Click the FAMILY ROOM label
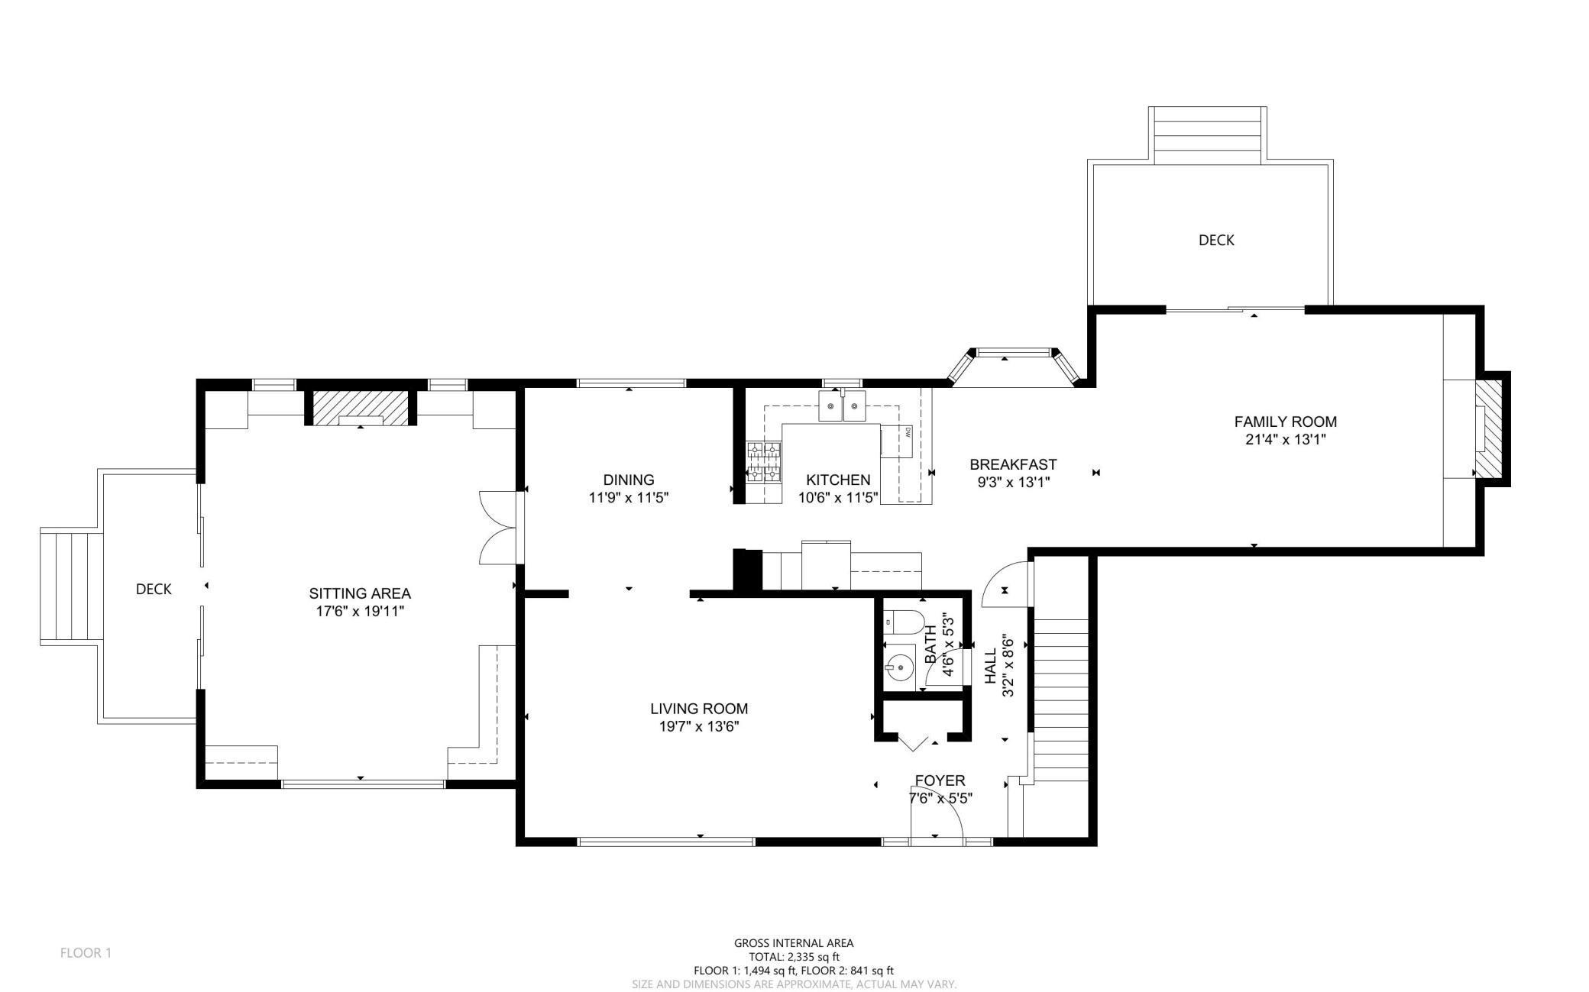(x=1285, y=422)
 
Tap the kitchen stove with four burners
(x=764, y=462)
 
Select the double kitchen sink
(x=843, y=406)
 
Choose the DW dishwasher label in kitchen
(x=908, y=432)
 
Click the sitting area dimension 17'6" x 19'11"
(x=360, y=611)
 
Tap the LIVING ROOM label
(x=699, y=709)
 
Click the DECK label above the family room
(x=1216, y=241)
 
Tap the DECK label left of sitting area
(x=154, y=590)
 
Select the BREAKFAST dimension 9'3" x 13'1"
(x=1013, y=483)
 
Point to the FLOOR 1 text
(x=86, y=953)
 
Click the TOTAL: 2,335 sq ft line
(x=794, y=957)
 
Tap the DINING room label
(x=629, y=480)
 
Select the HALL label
(x=990, y=667)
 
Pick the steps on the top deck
(x=1207, y=136)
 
